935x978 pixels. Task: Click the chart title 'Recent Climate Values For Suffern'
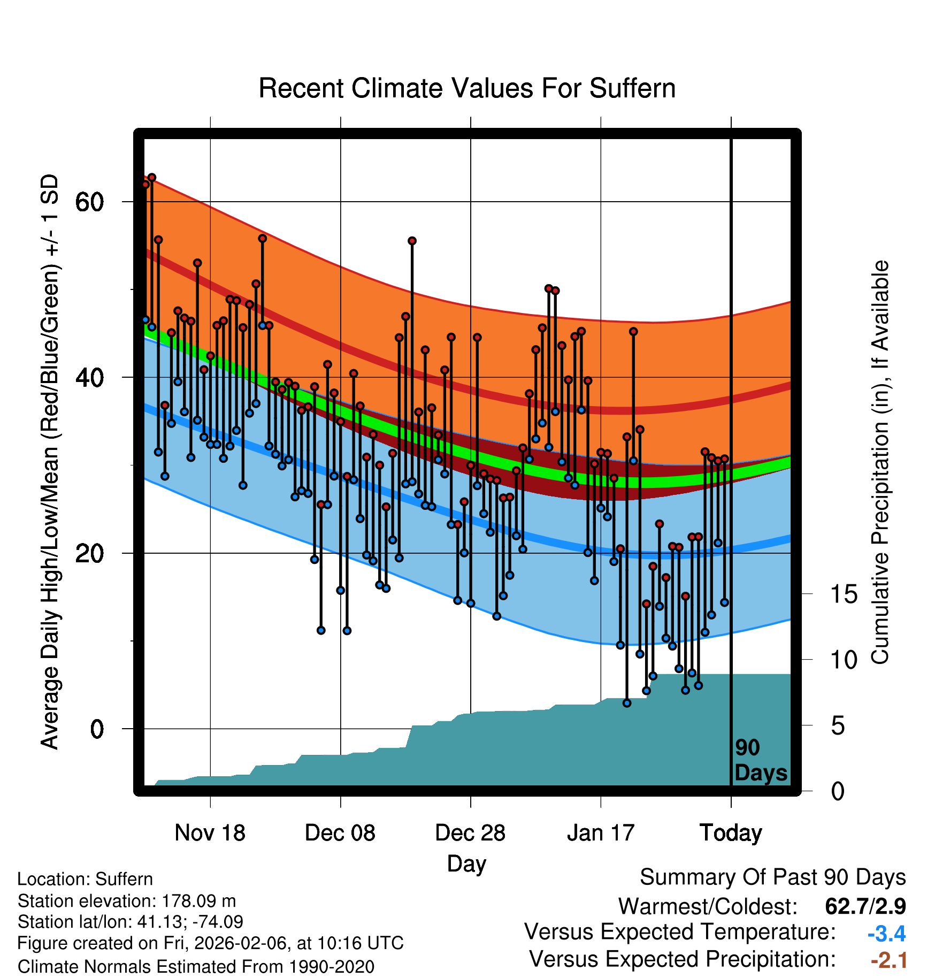[466, 88]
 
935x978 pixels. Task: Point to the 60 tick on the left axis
[89, 202]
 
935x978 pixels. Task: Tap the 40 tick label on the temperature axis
[89, 378]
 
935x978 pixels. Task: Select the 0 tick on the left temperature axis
[96, 729]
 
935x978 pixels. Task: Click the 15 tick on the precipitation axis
[844, 594]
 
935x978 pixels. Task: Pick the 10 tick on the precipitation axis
[844, 660]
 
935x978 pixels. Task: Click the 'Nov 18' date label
[210, 832]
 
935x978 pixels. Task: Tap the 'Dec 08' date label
[340, 832]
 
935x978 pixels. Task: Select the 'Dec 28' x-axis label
[470, 832]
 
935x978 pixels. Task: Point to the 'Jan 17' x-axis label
[600, 832]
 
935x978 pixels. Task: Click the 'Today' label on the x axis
[731, 832]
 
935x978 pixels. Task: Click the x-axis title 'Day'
[466, 864]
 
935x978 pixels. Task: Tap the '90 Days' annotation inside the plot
[760, 760]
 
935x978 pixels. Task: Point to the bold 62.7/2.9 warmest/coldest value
[865, 906]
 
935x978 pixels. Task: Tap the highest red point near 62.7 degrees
[152, 178]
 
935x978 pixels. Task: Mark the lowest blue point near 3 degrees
[627, 703]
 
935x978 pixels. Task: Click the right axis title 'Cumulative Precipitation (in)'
[880, 462]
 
